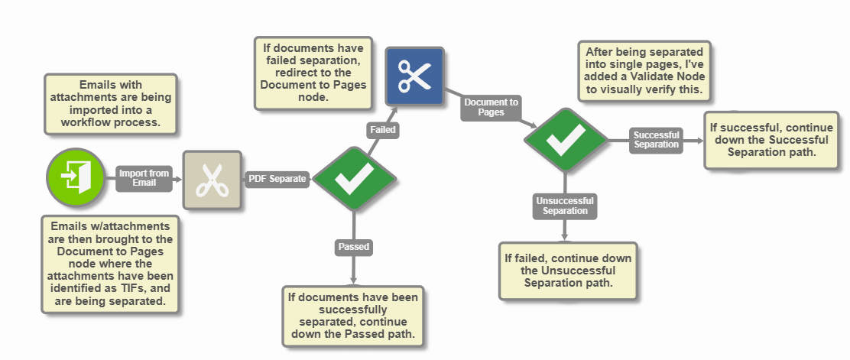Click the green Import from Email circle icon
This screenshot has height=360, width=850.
(75, 178)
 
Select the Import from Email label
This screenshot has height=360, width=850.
(144, 178)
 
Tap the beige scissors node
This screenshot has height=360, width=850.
(212, 180)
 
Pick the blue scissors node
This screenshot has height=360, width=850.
(414, 76)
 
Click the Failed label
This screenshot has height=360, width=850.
(382, 130)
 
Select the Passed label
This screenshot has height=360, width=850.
(353, 247)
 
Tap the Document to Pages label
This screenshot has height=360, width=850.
(491, 107)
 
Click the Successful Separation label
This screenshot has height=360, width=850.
(656, 140)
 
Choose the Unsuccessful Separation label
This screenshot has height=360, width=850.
(565, 206)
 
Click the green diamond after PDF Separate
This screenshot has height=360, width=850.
(354, 179)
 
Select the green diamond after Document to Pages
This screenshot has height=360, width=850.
(566, 140)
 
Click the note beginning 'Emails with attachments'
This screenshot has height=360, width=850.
(111, 104)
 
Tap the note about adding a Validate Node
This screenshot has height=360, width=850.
(644, 70)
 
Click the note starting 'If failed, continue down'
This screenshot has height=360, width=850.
(568, 271)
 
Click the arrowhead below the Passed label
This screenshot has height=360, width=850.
(353, 281)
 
